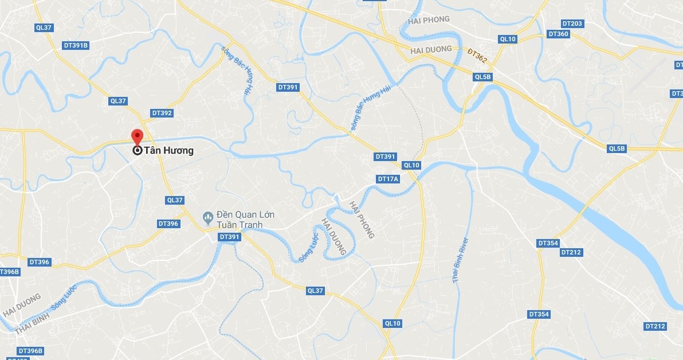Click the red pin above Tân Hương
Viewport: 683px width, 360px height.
pos(137,136)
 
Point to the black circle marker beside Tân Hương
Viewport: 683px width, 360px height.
pos(138,151)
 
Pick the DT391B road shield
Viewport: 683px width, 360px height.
pos(76,45)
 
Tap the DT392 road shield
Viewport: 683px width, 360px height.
pos(162,113)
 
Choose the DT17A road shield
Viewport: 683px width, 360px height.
pos(388,179)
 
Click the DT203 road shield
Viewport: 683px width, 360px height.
pos(572,24)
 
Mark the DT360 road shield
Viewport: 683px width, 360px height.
pos(559,34)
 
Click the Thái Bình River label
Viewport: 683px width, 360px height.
pos(461,260)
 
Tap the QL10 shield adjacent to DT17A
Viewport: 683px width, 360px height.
pos(411,165)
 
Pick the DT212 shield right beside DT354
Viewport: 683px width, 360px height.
pos(571,252)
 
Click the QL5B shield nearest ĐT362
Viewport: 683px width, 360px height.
pos(483,77)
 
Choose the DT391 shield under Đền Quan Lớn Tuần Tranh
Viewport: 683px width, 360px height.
pos(229,237)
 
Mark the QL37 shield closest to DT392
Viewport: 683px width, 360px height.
pos(117,101)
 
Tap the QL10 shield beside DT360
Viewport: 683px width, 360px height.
pos(508,39)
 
